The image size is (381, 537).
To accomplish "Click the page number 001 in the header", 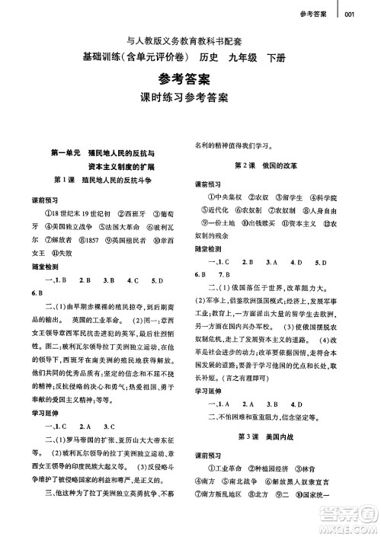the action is point(350,12).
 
